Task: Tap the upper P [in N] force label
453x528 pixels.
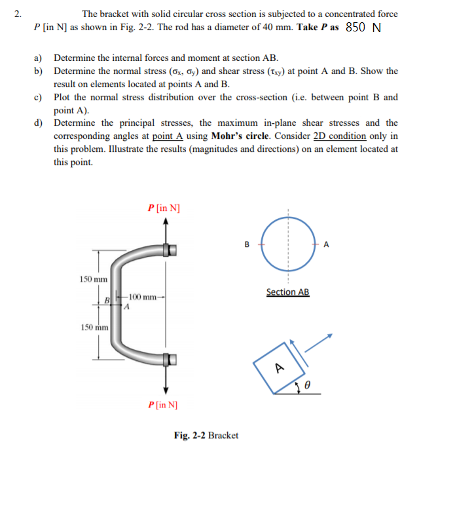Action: pyautogui.click(x=164, y=208)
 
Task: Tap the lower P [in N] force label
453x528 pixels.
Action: pyautogui.click(x=164, y=404)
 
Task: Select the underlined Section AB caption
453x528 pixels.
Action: pyautogui.click(x=287, y=292)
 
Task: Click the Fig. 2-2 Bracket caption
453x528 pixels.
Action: pyautogui.click(x=206, y=435)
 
